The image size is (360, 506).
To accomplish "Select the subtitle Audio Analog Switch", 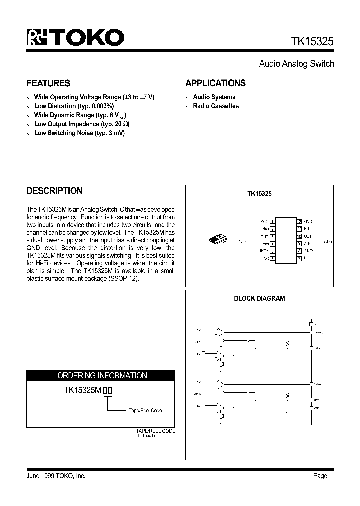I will point(296,64).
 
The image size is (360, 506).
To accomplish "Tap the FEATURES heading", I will point(48,83).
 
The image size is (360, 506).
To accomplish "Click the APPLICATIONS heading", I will point(215,83).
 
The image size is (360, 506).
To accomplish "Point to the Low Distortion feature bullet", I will point(74,106).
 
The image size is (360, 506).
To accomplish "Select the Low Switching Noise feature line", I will point(79,133).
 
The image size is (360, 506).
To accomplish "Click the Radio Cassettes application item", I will point(216,106).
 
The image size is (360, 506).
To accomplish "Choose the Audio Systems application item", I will point(214,97).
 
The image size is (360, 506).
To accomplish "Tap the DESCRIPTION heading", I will point(54,191).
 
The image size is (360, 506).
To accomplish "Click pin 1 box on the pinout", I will point(272,221).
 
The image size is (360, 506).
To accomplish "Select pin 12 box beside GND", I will point(299,221).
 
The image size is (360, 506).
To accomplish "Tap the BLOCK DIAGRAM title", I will point(259,298).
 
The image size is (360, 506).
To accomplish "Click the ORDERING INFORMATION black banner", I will point(101,375).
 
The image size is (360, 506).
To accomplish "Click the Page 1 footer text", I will point(323,476).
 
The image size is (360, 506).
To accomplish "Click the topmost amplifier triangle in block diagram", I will point(220,331).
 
